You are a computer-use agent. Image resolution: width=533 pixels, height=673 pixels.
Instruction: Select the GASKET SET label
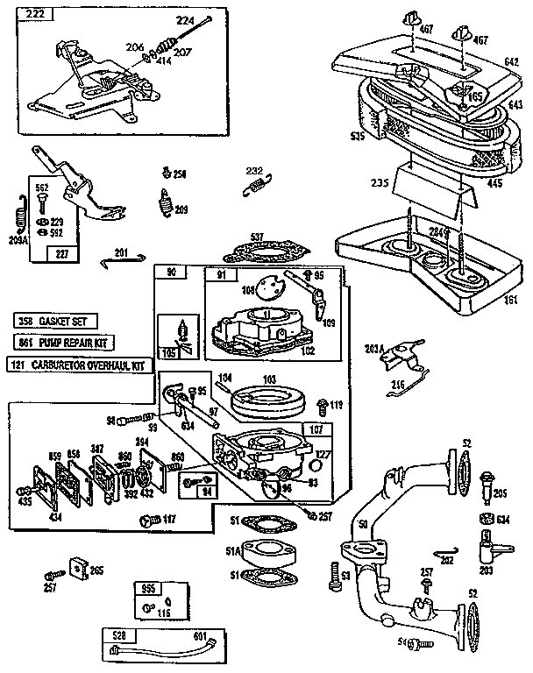coord(55,322)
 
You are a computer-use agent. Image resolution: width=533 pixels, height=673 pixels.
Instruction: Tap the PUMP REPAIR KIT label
coord(65,343)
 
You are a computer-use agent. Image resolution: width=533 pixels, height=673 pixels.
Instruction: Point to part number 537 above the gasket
coord(257,237)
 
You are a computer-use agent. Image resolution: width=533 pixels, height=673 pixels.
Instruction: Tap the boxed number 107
coord(316,429)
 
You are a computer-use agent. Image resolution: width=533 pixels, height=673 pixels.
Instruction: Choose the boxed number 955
coord(148,589)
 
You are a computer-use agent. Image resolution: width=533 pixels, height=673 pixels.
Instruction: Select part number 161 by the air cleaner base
coord(511,299)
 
